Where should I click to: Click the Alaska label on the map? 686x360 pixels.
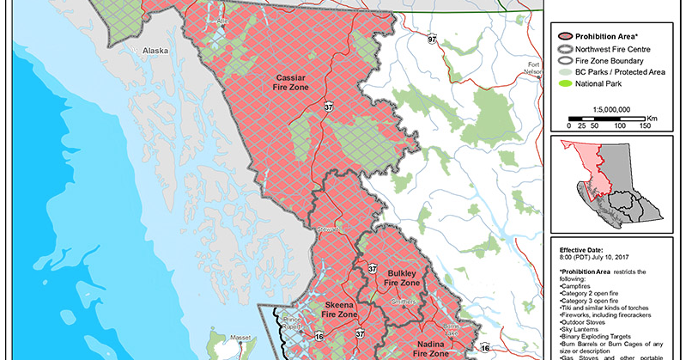click(155, 51)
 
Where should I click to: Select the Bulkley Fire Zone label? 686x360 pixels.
click(402, 276)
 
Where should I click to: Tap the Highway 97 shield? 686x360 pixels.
click(434, 40)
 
